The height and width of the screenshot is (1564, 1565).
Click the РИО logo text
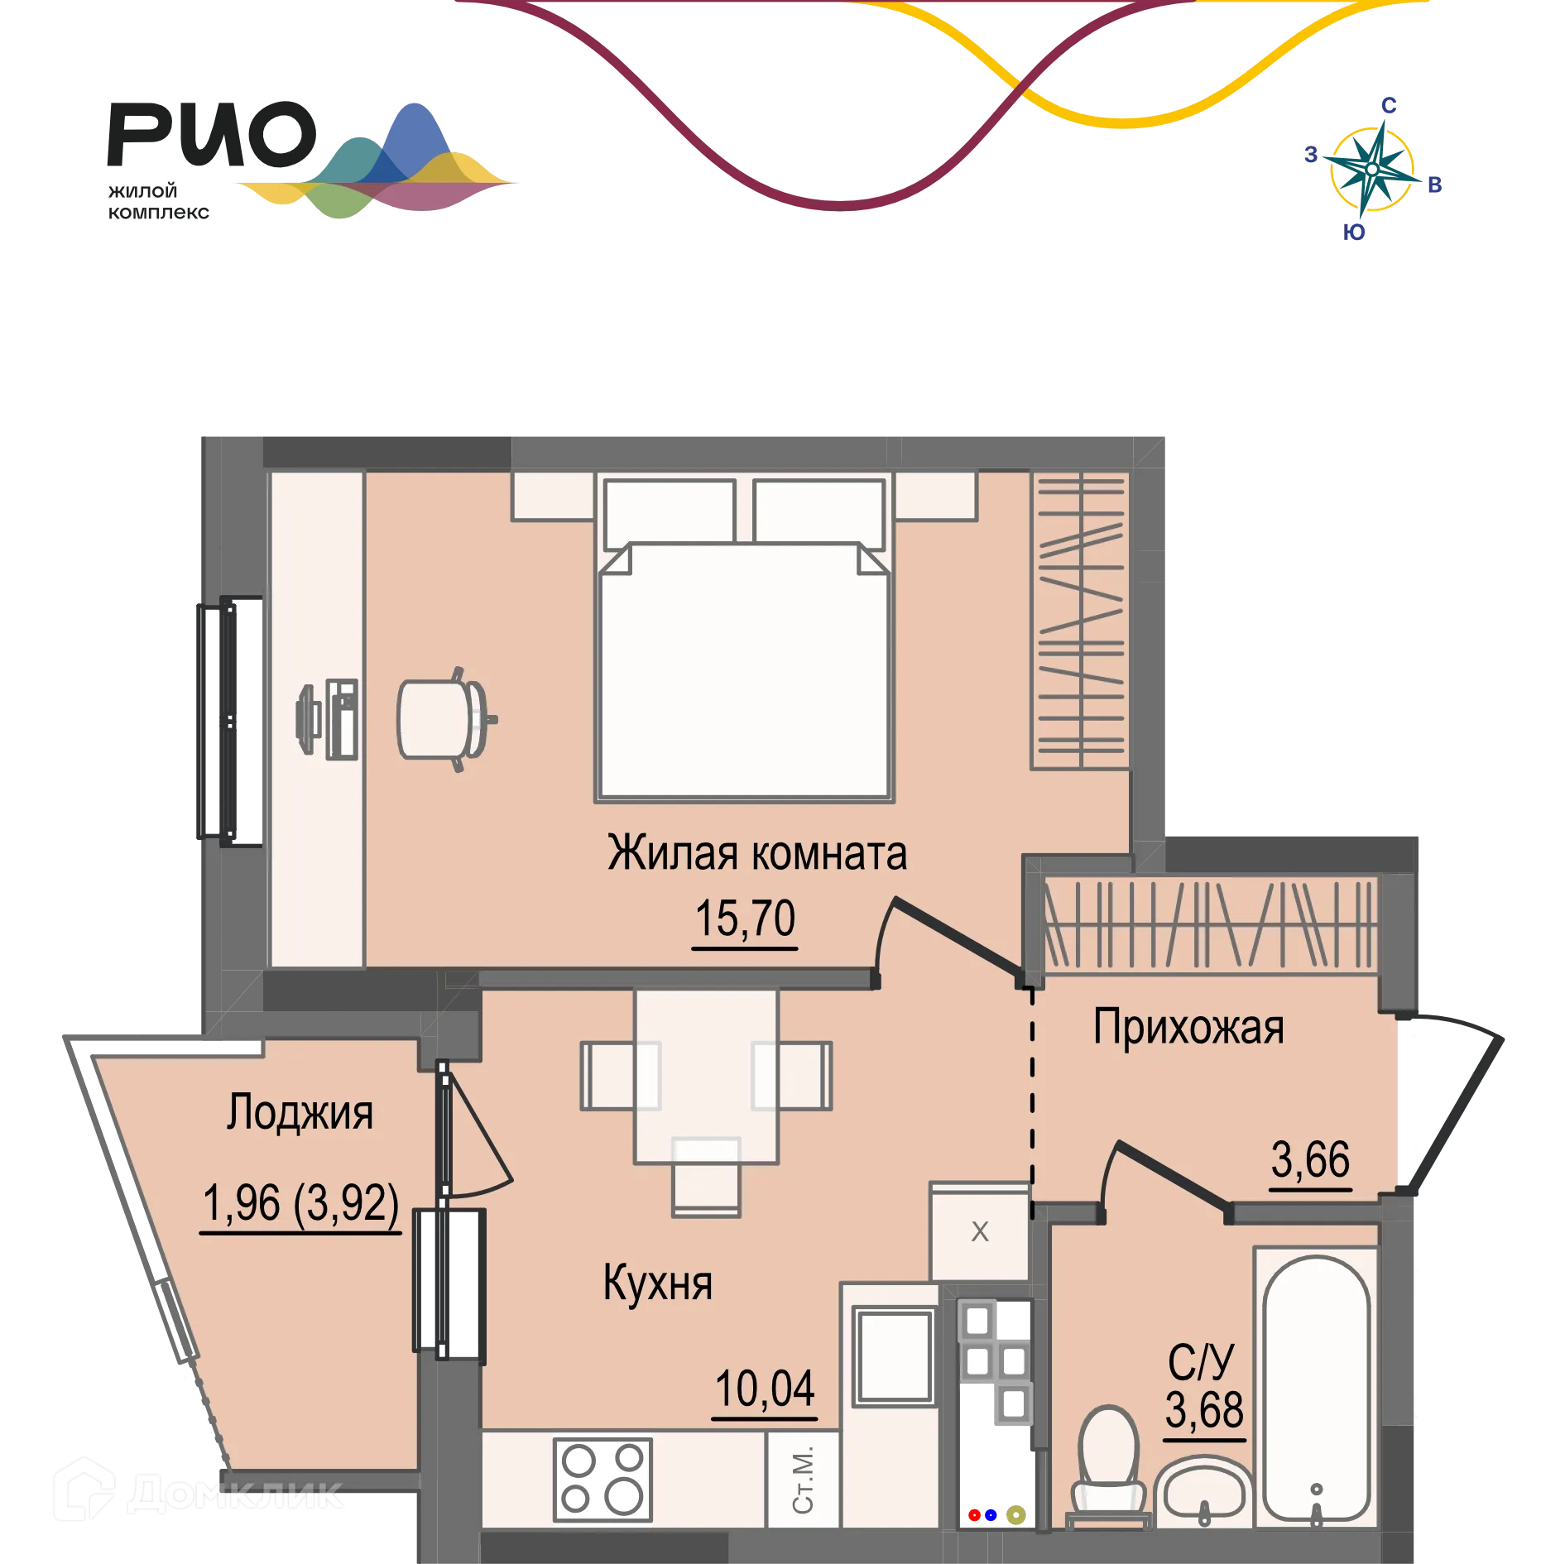tap(212, 134)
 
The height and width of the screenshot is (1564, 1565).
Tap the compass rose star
tap(1371, 170)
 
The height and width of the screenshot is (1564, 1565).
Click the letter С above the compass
tap(1389, 106)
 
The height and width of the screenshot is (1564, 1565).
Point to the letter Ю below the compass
tap(1354, 233)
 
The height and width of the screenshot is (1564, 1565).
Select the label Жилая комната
tap(757, 853)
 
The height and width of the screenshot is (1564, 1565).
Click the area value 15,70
tap(745, 919)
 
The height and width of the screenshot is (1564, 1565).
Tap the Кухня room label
tap(658, 1283)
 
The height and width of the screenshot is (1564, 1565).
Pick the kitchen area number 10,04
tap(765, 1389)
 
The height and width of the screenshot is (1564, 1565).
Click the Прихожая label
tap(1188, 1029)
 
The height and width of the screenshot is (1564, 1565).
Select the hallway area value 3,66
tap(1311, 1159)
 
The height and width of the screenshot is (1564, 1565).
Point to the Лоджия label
tap(300, 1113)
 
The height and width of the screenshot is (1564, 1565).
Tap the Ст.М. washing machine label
tap(803, 1480)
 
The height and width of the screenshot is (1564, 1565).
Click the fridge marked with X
tap(980, 1231)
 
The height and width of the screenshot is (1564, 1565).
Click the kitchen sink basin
tap(894, 1357)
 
